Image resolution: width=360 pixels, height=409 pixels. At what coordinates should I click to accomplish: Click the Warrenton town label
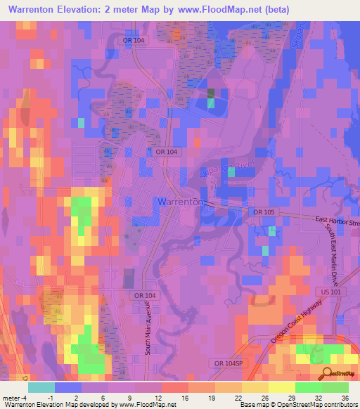[181, 201]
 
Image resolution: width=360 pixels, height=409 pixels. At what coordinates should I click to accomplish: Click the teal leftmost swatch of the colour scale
[41, 387]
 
